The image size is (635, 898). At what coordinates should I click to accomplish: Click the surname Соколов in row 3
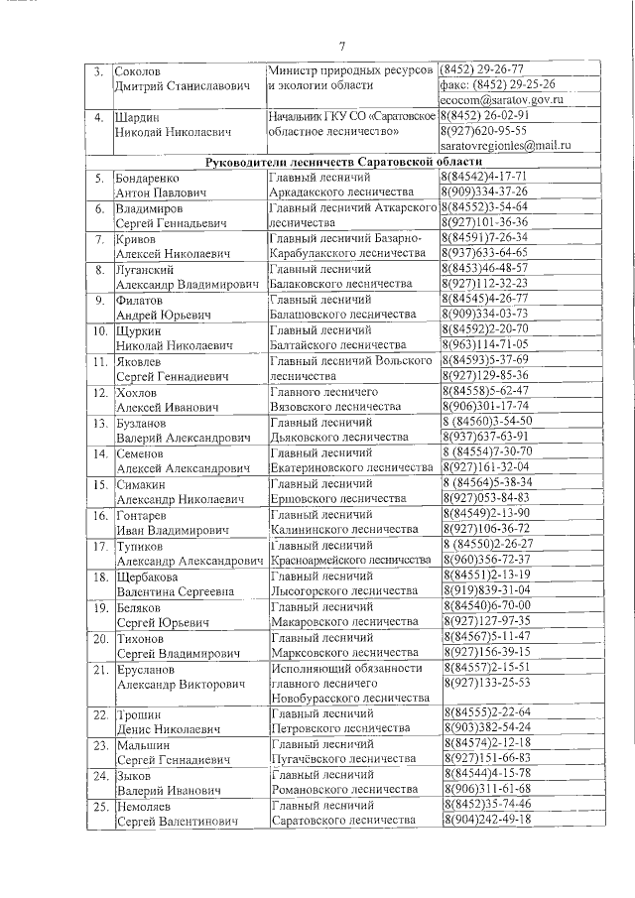click(x=137, y=71)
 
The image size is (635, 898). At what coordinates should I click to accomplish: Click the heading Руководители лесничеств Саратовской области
click(x=343, y=162)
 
